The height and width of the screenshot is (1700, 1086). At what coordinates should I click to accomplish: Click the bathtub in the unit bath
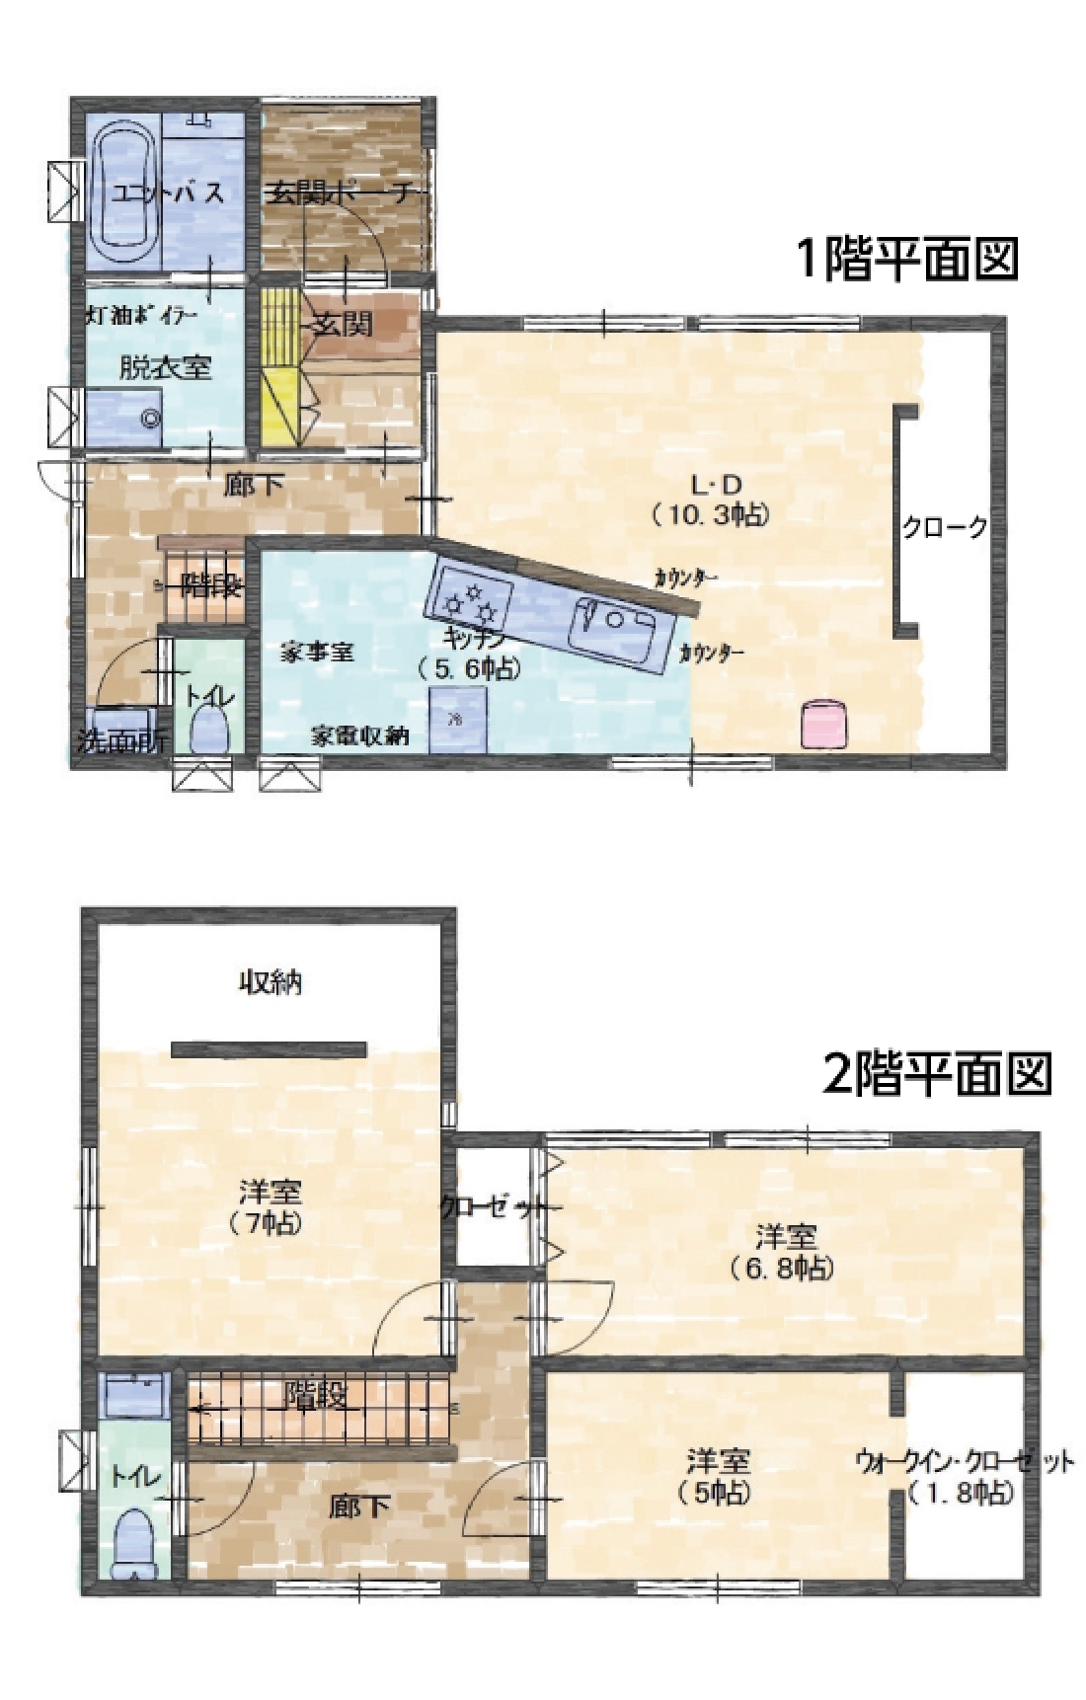(122, 192)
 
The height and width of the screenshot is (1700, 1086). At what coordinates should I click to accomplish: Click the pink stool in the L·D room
(823, 723)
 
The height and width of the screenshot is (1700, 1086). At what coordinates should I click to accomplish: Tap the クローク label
(945, 527)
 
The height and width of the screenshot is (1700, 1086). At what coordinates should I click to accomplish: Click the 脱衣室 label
(165, 367)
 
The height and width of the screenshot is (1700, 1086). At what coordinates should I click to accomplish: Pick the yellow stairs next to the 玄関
(279, 365)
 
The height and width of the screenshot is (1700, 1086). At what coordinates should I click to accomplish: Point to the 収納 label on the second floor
(271, 982)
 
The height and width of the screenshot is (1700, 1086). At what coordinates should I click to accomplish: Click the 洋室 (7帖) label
(269, 1206)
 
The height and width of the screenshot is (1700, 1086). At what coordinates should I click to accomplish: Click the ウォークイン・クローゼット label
(964, 1462)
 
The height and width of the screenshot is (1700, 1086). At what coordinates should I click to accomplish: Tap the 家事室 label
(317, 652)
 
